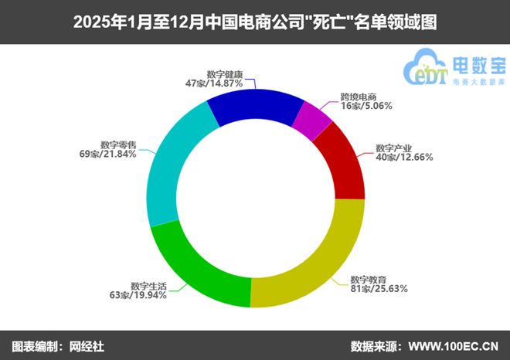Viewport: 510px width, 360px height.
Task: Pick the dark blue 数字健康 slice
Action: coord(255,104)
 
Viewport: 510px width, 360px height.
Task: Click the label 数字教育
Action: coord(369,279)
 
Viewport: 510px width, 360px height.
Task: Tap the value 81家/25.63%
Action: coord(379,288)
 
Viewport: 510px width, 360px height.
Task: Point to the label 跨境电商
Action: coord(359,97)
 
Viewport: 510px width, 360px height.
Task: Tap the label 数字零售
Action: coord(118,144)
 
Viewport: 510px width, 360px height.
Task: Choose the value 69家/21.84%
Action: coord(114,154)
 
